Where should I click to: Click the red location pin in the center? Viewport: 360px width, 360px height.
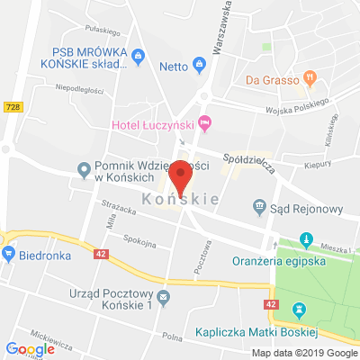[x=181, y=176]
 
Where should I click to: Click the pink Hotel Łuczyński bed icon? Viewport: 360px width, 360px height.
[x=205, y=121]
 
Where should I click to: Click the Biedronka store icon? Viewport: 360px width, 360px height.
[x=9, y=255]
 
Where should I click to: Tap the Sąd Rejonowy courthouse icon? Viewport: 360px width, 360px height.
[x=260, y=208]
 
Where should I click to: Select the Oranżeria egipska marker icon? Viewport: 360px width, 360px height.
[x=308, y=240]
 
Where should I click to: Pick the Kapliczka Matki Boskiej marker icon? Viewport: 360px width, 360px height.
[x=300, y=310]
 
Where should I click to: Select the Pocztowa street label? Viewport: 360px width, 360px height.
[x=200, y=262]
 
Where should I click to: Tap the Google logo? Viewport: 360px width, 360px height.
[x=30, y=349]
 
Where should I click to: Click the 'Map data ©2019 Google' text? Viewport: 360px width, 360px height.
[x=303, y=352]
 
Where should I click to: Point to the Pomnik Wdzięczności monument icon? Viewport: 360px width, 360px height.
[x=83, y=167]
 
